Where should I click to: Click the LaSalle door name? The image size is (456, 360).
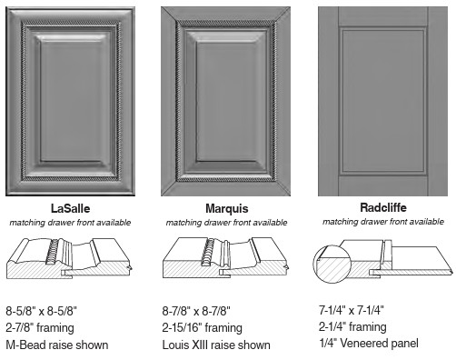(70, 208)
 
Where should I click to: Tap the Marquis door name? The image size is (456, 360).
(227, 208)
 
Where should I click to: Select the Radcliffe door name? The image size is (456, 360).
(383, 207)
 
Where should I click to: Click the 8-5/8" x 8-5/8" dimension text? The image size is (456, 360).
(42, 311)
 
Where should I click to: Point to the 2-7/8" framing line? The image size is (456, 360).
(40, 328)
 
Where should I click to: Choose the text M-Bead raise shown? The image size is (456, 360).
(57, 345)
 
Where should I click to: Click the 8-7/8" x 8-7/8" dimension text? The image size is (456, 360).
(196, 311)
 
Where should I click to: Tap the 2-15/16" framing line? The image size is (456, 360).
(203, 328)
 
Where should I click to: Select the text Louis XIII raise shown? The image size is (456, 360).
(216, 345)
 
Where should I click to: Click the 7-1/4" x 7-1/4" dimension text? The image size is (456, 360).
(352, 310)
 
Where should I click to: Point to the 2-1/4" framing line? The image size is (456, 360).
(352, 326)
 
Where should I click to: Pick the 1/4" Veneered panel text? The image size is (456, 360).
(369, 344)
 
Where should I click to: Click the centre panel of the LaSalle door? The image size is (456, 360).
(72, 101)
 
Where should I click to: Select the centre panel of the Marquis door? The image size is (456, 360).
(227, 102)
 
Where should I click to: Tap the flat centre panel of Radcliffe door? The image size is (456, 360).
(383, 102)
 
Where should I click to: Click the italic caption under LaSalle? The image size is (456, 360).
(70, 223)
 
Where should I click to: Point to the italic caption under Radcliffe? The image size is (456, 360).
(383, 222)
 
